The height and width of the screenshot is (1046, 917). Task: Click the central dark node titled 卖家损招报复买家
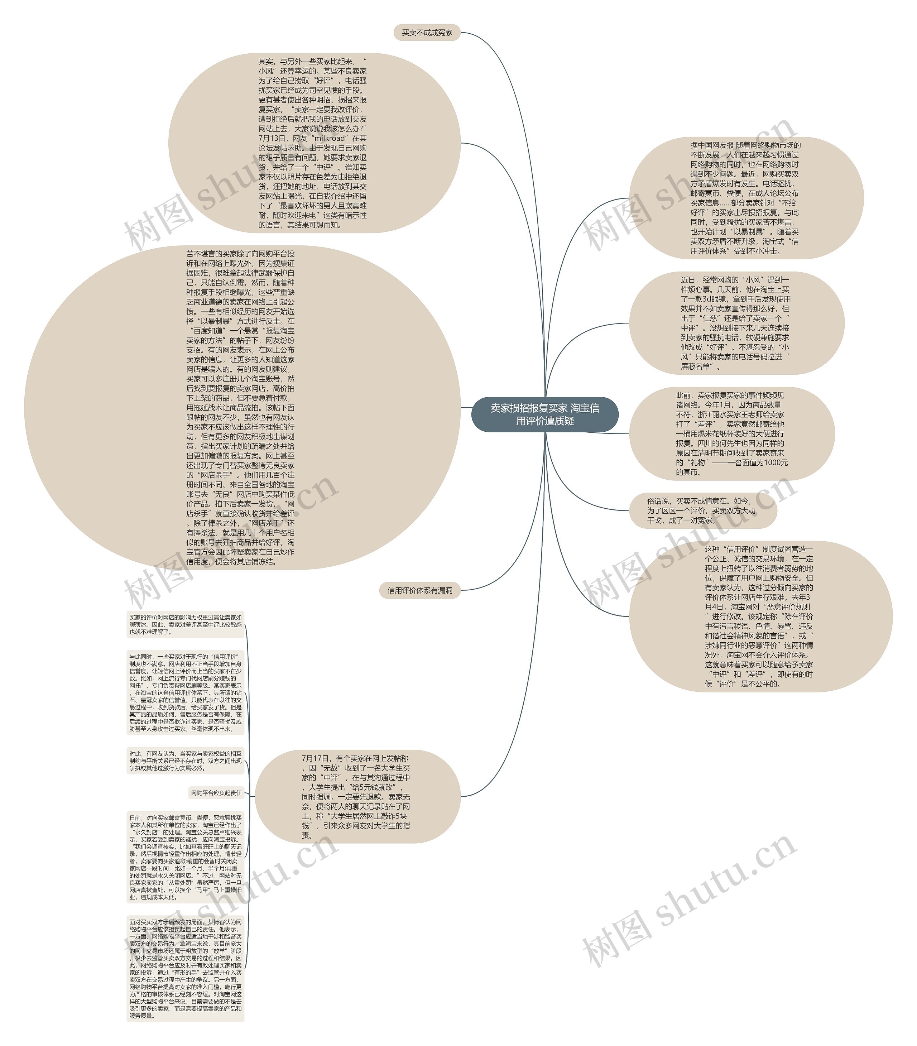pos(544,414)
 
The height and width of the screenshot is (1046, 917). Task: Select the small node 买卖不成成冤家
pos(427,33)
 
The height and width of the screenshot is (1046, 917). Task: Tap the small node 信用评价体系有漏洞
pos(419,590)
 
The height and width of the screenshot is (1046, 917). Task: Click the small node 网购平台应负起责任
pos(216,793)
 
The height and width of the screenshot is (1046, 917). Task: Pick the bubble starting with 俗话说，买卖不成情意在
pos(702,511)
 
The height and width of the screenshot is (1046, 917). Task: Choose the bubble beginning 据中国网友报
pos(745,198)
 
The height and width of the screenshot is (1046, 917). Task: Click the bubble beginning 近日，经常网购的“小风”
pos(736,323)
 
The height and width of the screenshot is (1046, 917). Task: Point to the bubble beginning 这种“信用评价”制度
pos(760,616)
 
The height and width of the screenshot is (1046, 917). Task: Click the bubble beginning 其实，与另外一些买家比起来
pos(313,143)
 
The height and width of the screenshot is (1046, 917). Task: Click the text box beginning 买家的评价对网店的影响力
pos(185,624)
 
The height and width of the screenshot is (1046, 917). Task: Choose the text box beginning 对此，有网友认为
pos(185,761)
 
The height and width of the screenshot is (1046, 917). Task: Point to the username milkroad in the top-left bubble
pos(329,138)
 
